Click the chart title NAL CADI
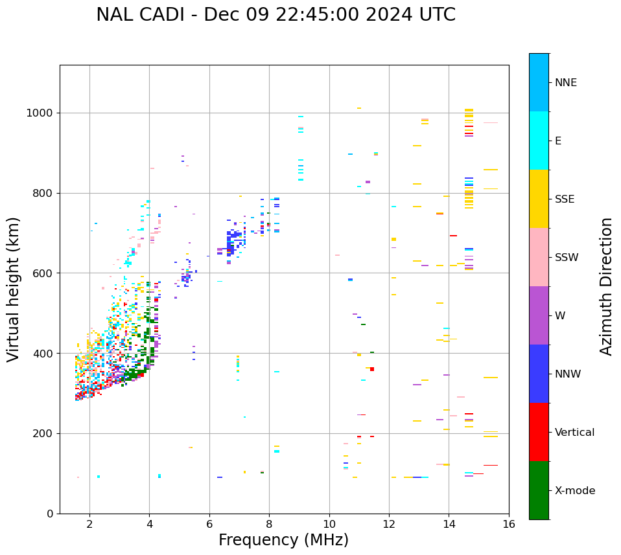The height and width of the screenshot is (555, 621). tap(275, 15)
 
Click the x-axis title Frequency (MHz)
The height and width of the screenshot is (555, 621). tap(283, 540)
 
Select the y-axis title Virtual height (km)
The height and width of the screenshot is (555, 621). tap(14, 289)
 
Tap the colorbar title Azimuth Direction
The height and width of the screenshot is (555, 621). tap(606, 286)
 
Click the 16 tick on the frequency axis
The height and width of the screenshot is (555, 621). tap(509, 524)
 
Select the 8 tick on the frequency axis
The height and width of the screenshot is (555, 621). tap(269, 524)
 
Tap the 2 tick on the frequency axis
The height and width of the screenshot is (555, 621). tap(89, 524)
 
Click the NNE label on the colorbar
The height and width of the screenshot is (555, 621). tap(565, 83)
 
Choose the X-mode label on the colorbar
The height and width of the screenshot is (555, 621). tap(574, 491)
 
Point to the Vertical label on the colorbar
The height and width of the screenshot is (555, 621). tap(574, 433)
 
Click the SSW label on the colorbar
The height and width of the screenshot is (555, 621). tap(567, 258)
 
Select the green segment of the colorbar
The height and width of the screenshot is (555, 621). tap(539, 490)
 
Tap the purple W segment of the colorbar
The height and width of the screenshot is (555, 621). tap(539, 315)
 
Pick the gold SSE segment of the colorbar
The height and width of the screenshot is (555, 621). tap(539, 199)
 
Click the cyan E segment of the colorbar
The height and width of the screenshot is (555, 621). tap(539, 141)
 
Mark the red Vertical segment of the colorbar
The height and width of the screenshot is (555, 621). tap(539, 432)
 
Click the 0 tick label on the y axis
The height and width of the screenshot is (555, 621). tap(51, 514)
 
